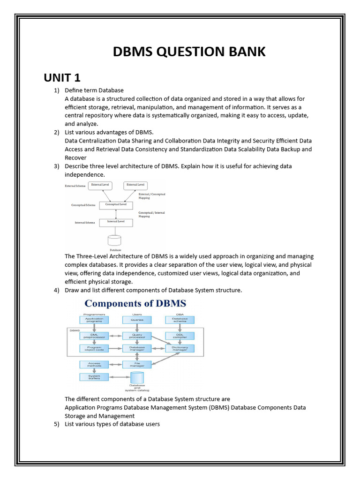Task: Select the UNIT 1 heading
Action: tap(62, 77)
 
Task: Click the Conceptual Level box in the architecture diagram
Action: tap(116, 205)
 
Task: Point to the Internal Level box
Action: tap(116, 222)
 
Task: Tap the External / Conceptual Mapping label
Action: tap(152, 196)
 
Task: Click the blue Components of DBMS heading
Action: tap(135, 303)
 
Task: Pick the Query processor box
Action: tap(137, 336)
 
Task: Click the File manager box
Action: tap(137, 364)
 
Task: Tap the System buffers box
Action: tap(94, 376)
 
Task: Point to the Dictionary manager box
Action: tap(180, 348)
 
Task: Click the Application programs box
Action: tap(94, 320)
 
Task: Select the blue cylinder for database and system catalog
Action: tap(137, 377)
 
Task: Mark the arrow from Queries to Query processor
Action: tap(137, 328)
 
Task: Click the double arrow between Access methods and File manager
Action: tap(115, 364)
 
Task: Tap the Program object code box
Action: tap(94, 348)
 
